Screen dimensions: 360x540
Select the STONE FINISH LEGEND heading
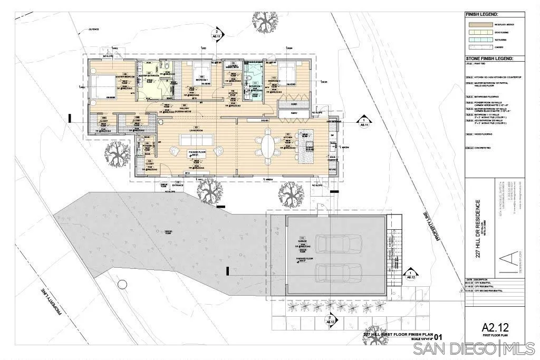point(488,59)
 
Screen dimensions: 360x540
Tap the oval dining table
point(268,145)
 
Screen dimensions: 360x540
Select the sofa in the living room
point(196,140)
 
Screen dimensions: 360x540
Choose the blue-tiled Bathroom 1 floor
point(255,82)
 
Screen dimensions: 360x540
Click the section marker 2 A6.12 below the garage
point(330,318)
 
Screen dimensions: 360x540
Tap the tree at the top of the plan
point(264,21)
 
